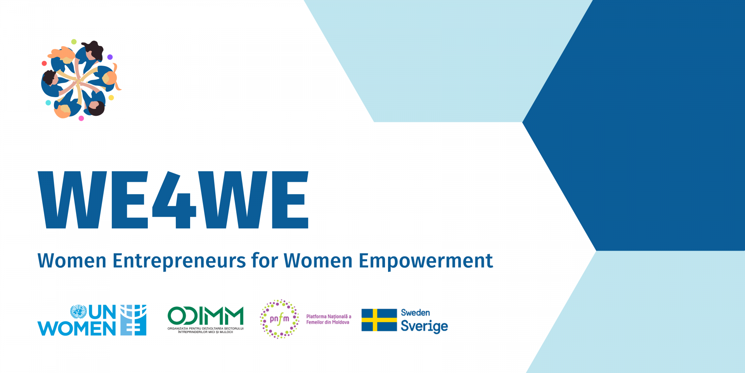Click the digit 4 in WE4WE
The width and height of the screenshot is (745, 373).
(174, 200)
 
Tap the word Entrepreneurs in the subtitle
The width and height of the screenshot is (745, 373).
(179, 261)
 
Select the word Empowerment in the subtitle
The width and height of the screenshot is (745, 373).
(426, 261)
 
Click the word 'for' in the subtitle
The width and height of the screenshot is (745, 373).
(265, 260)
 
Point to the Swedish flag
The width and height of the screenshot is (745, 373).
(379, 320)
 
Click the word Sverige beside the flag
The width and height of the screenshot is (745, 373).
(424, 326)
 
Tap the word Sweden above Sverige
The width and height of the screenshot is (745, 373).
(415, 312)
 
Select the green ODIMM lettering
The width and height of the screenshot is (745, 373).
(205, 315)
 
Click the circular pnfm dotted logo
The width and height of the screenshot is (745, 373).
(279, 319)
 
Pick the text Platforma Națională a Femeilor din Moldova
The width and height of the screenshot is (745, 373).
(329, 319)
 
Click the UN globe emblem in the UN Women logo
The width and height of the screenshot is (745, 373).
(78, 312)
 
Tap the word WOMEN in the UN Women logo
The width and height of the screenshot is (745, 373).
(77, 328)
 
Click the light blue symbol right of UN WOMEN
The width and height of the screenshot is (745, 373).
(133, 320)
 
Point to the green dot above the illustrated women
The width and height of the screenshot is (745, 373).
(74, 42)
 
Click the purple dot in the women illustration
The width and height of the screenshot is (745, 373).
(110, 57)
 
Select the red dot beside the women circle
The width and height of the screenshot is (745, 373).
(44, 63)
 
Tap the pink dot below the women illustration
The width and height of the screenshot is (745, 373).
(81, 119)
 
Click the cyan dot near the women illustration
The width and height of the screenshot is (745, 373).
(48, 103)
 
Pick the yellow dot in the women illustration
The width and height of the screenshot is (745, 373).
(111, 98)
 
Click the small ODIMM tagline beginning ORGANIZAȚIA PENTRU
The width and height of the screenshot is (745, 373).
(206, 330)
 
